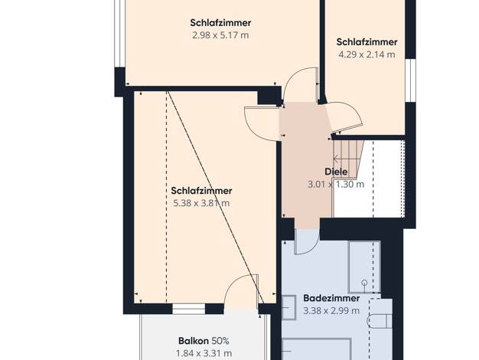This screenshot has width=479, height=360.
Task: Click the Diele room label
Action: [x=336, y=172]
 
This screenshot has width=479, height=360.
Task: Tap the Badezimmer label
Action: [x=331, y=298]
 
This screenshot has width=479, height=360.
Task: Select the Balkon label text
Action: [x=194, y=341]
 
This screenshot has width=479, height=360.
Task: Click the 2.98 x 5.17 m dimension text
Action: [x=220, y=35]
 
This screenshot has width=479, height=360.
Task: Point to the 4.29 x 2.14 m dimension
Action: [x=367, y=54]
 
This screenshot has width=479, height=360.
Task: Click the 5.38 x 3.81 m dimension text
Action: [x=201, y=203]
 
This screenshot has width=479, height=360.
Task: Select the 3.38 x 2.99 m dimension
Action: [x=331, y=311]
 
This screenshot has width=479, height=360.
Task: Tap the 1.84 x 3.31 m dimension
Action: [x=204, y=354]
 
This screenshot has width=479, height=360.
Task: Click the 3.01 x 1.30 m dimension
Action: [x=336, y=185]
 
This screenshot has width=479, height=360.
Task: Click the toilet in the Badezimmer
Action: [x=379, y=321]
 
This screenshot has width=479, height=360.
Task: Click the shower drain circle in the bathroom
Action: [x=364, y=283]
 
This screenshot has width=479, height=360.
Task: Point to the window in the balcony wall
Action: [x=189, y=309]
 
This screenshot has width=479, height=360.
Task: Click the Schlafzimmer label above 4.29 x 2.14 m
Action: [x=367, y=42]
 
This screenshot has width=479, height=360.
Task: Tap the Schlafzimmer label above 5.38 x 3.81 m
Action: [x=201, y=191]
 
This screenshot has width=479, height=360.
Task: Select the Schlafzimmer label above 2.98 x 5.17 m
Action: [x=220, y=23]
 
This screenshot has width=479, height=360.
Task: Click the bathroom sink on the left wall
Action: [x=288, y=307]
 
